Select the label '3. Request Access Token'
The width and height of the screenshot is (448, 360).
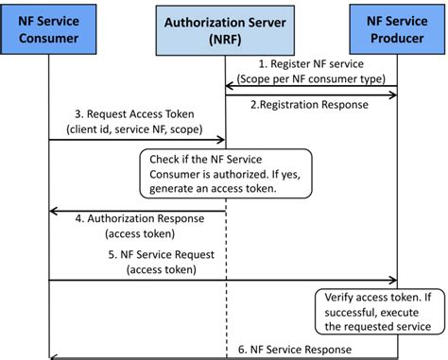[130, 112]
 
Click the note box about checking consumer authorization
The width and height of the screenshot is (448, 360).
[225, 173]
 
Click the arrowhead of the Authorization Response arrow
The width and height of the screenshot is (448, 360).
[53, 210]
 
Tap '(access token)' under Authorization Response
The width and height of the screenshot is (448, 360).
[132, 233]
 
